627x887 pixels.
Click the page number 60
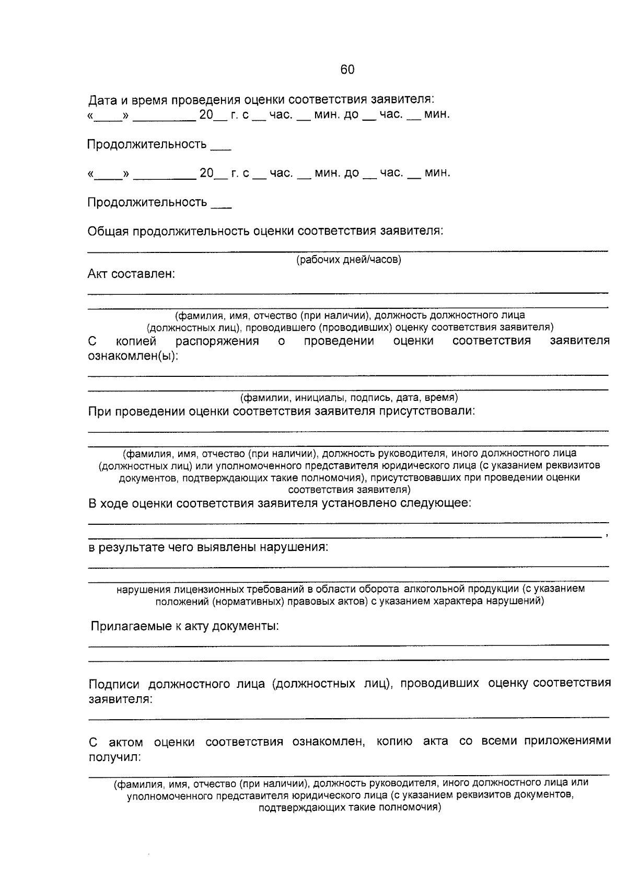pos(347,70)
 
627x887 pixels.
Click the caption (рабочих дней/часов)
pos(349,260)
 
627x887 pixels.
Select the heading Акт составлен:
pos(131,274)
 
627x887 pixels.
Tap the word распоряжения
pos(217,341)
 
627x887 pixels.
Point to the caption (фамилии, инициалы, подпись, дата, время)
pos(349,398)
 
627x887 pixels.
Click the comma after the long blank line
pos(606,537)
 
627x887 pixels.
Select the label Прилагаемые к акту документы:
pos(184,626)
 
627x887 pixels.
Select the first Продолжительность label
pos(147,144)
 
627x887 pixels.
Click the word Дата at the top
pos(102,99)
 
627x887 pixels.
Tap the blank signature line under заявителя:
pos(349,718)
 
